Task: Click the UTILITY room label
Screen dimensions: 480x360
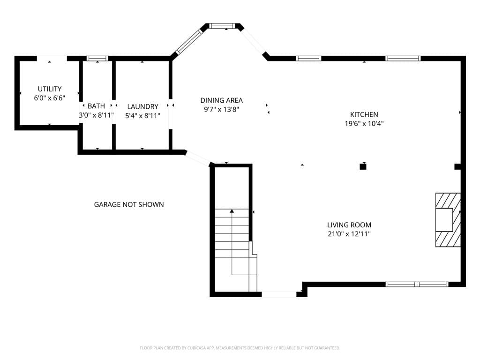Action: [x=50, y=89]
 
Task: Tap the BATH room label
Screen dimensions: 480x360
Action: [x=96, y=106]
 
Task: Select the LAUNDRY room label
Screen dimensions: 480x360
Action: [x=142, y=106]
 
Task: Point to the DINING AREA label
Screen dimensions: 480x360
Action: [x=221, y=100]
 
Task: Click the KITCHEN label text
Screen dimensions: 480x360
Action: [x=364, y=114]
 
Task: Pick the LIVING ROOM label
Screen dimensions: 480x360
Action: [x=349, y=225]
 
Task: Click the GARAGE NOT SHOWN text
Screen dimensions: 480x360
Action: [x=129, y=204]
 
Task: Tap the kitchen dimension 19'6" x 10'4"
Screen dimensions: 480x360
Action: [x=364, y=124]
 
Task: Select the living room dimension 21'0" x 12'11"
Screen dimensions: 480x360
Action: [x=349, y=234]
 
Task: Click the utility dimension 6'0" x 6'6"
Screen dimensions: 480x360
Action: [x=50, y=98]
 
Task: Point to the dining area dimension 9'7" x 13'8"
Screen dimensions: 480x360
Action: [x=221, y=110]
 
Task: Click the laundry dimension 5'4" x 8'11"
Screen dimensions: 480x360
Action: [x=142, y=116]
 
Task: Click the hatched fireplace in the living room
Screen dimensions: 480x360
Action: [x=448, y=220]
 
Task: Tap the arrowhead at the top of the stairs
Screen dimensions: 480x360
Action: [x=232, y=211]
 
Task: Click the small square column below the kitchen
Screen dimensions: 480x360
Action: [x=363, y=167]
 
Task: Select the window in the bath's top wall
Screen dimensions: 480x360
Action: [x=97, y=58]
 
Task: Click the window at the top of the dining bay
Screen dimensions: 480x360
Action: [x=223, y=26]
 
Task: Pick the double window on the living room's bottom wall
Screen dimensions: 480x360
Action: [x=417, y=285]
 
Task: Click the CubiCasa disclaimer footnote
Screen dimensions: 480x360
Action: [x=240, y=348]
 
